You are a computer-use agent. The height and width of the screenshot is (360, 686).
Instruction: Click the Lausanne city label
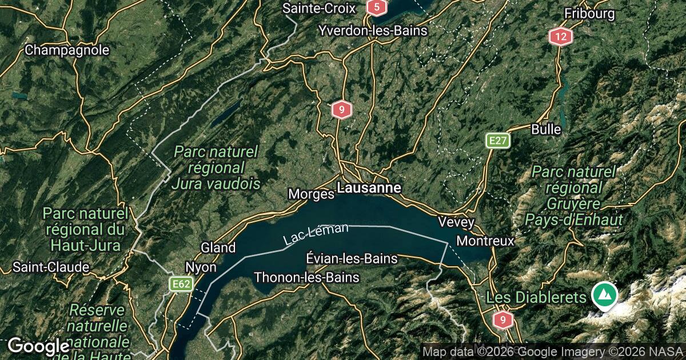[369, 187]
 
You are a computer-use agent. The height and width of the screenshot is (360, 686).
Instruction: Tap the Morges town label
[311, 194]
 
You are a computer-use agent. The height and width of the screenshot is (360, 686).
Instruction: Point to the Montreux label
[485, 241]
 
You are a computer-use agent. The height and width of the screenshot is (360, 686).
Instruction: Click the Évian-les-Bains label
[352, 258]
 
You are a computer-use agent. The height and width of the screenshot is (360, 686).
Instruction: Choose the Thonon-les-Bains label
[306, 278]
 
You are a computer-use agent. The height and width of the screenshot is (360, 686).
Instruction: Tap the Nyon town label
[201, 267]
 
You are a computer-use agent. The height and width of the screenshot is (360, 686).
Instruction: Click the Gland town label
[218, 248]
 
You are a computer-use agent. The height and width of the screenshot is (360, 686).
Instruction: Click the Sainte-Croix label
[319, 9]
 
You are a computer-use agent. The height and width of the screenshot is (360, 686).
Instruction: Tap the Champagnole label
[67, 50]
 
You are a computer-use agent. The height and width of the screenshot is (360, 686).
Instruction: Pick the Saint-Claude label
[51, 267]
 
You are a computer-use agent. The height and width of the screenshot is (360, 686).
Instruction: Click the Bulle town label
[546, 129]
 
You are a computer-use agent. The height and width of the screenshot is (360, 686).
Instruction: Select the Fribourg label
[589, 13]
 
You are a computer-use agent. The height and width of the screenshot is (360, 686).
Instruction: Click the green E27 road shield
[497, 141]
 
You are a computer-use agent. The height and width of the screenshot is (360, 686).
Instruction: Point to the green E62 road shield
[181, 284]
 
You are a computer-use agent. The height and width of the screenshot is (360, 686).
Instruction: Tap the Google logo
[38, 346]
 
